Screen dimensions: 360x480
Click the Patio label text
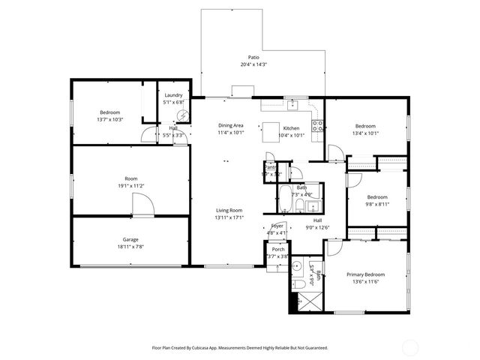click(253, 57)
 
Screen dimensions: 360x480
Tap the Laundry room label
click(173, 95)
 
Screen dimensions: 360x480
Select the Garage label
click(130, 239)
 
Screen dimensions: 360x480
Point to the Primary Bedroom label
click(365, 274)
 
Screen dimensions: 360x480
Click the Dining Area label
click(230, 125)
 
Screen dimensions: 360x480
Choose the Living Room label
click(229, 211)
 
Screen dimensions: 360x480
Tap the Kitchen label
click(291, 128)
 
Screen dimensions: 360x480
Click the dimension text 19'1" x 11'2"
click(130, 185)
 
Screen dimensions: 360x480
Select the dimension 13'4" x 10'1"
click(365, 133)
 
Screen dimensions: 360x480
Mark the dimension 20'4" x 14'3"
click(253, 64)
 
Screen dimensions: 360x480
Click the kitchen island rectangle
click(271, 133)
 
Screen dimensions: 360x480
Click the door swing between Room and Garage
click(142, 204)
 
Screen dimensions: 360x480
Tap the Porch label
click(277, 249)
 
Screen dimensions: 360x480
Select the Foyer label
click(277, 226)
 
